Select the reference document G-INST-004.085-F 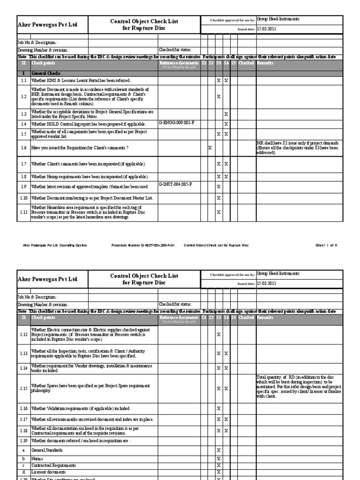click(x=176, y=184)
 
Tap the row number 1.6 click(x=23, y=148)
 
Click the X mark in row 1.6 click(x=210, y=148)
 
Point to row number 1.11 click(x=23, y=212)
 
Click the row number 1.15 click(x=23, y=388)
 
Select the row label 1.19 click(x=23, y=441)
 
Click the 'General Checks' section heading click(x=46, y=74)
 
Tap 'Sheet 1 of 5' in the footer click(x=326, y=245)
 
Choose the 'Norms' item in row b click(x=37, y=458)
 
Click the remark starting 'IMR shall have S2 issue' click(x=299, y=147)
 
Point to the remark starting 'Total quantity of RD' click(x=299, y=386)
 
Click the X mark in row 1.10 click(x=218, y=198)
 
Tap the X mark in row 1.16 click(x=218, y=409)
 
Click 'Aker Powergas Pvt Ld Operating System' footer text click(x=55, y=245)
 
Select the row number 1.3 click(x=23, y=113)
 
